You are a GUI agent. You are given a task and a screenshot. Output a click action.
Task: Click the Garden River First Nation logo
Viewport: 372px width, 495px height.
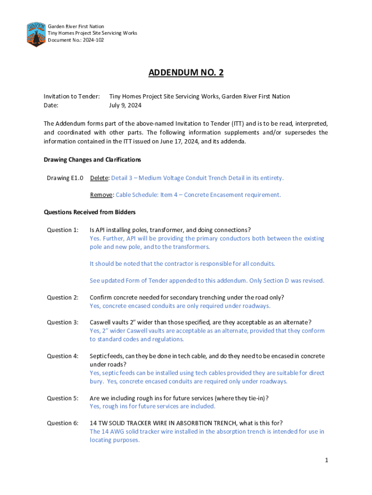coord(36,34)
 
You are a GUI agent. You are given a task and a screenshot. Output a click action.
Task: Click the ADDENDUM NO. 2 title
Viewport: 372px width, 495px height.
coord(186,73)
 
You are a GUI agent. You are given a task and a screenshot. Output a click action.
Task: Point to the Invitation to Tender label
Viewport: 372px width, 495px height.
coord(72,96)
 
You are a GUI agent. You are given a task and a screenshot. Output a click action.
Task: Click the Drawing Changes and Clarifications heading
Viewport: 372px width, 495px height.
coord(92,160)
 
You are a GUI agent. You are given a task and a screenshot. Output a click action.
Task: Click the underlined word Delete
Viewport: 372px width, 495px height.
coord(99,178)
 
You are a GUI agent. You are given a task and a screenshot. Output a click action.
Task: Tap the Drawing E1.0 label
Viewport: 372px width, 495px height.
coord(65,178)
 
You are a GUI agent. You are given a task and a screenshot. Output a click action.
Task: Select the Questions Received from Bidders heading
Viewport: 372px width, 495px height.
coord(89,212)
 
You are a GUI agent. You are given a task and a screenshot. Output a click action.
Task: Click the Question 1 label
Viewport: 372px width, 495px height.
coord(62,230)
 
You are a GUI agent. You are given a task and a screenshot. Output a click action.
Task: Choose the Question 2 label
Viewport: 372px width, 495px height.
coord(62,297)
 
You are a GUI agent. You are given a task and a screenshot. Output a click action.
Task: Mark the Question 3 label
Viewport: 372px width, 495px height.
coord(62,322)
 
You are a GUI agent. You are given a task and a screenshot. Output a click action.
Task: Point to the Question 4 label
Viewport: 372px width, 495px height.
coord(62,356)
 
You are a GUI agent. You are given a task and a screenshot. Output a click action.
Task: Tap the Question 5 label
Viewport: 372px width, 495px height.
coord(62,398)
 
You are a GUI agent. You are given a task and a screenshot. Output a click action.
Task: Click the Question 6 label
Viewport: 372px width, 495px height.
coord(62,423)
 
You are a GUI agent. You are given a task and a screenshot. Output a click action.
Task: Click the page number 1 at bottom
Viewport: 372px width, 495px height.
coord(327,460)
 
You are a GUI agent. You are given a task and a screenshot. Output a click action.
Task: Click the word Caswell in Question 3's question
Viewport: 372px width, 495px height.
coord(101,322)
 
